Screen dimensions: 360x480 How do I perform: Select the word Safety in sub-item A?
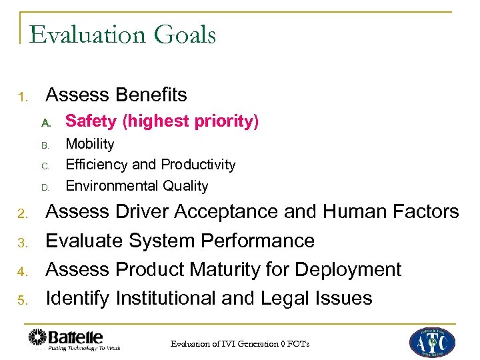click(91, 121)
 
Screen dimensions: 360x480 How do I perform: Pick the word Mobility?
click(90, 144)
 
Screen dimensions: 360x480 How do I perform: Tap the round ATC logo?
click(432, 341)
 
